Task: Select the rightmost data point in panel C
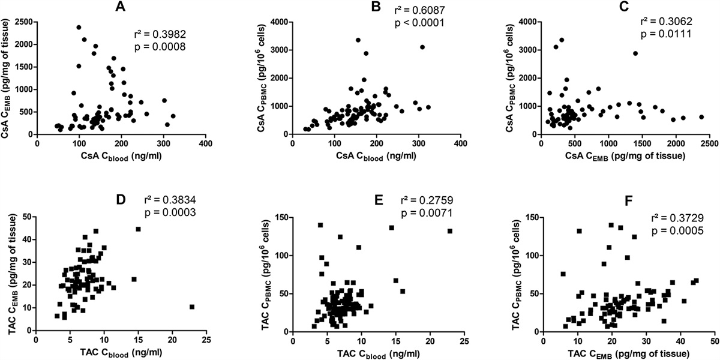[701, 117]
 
